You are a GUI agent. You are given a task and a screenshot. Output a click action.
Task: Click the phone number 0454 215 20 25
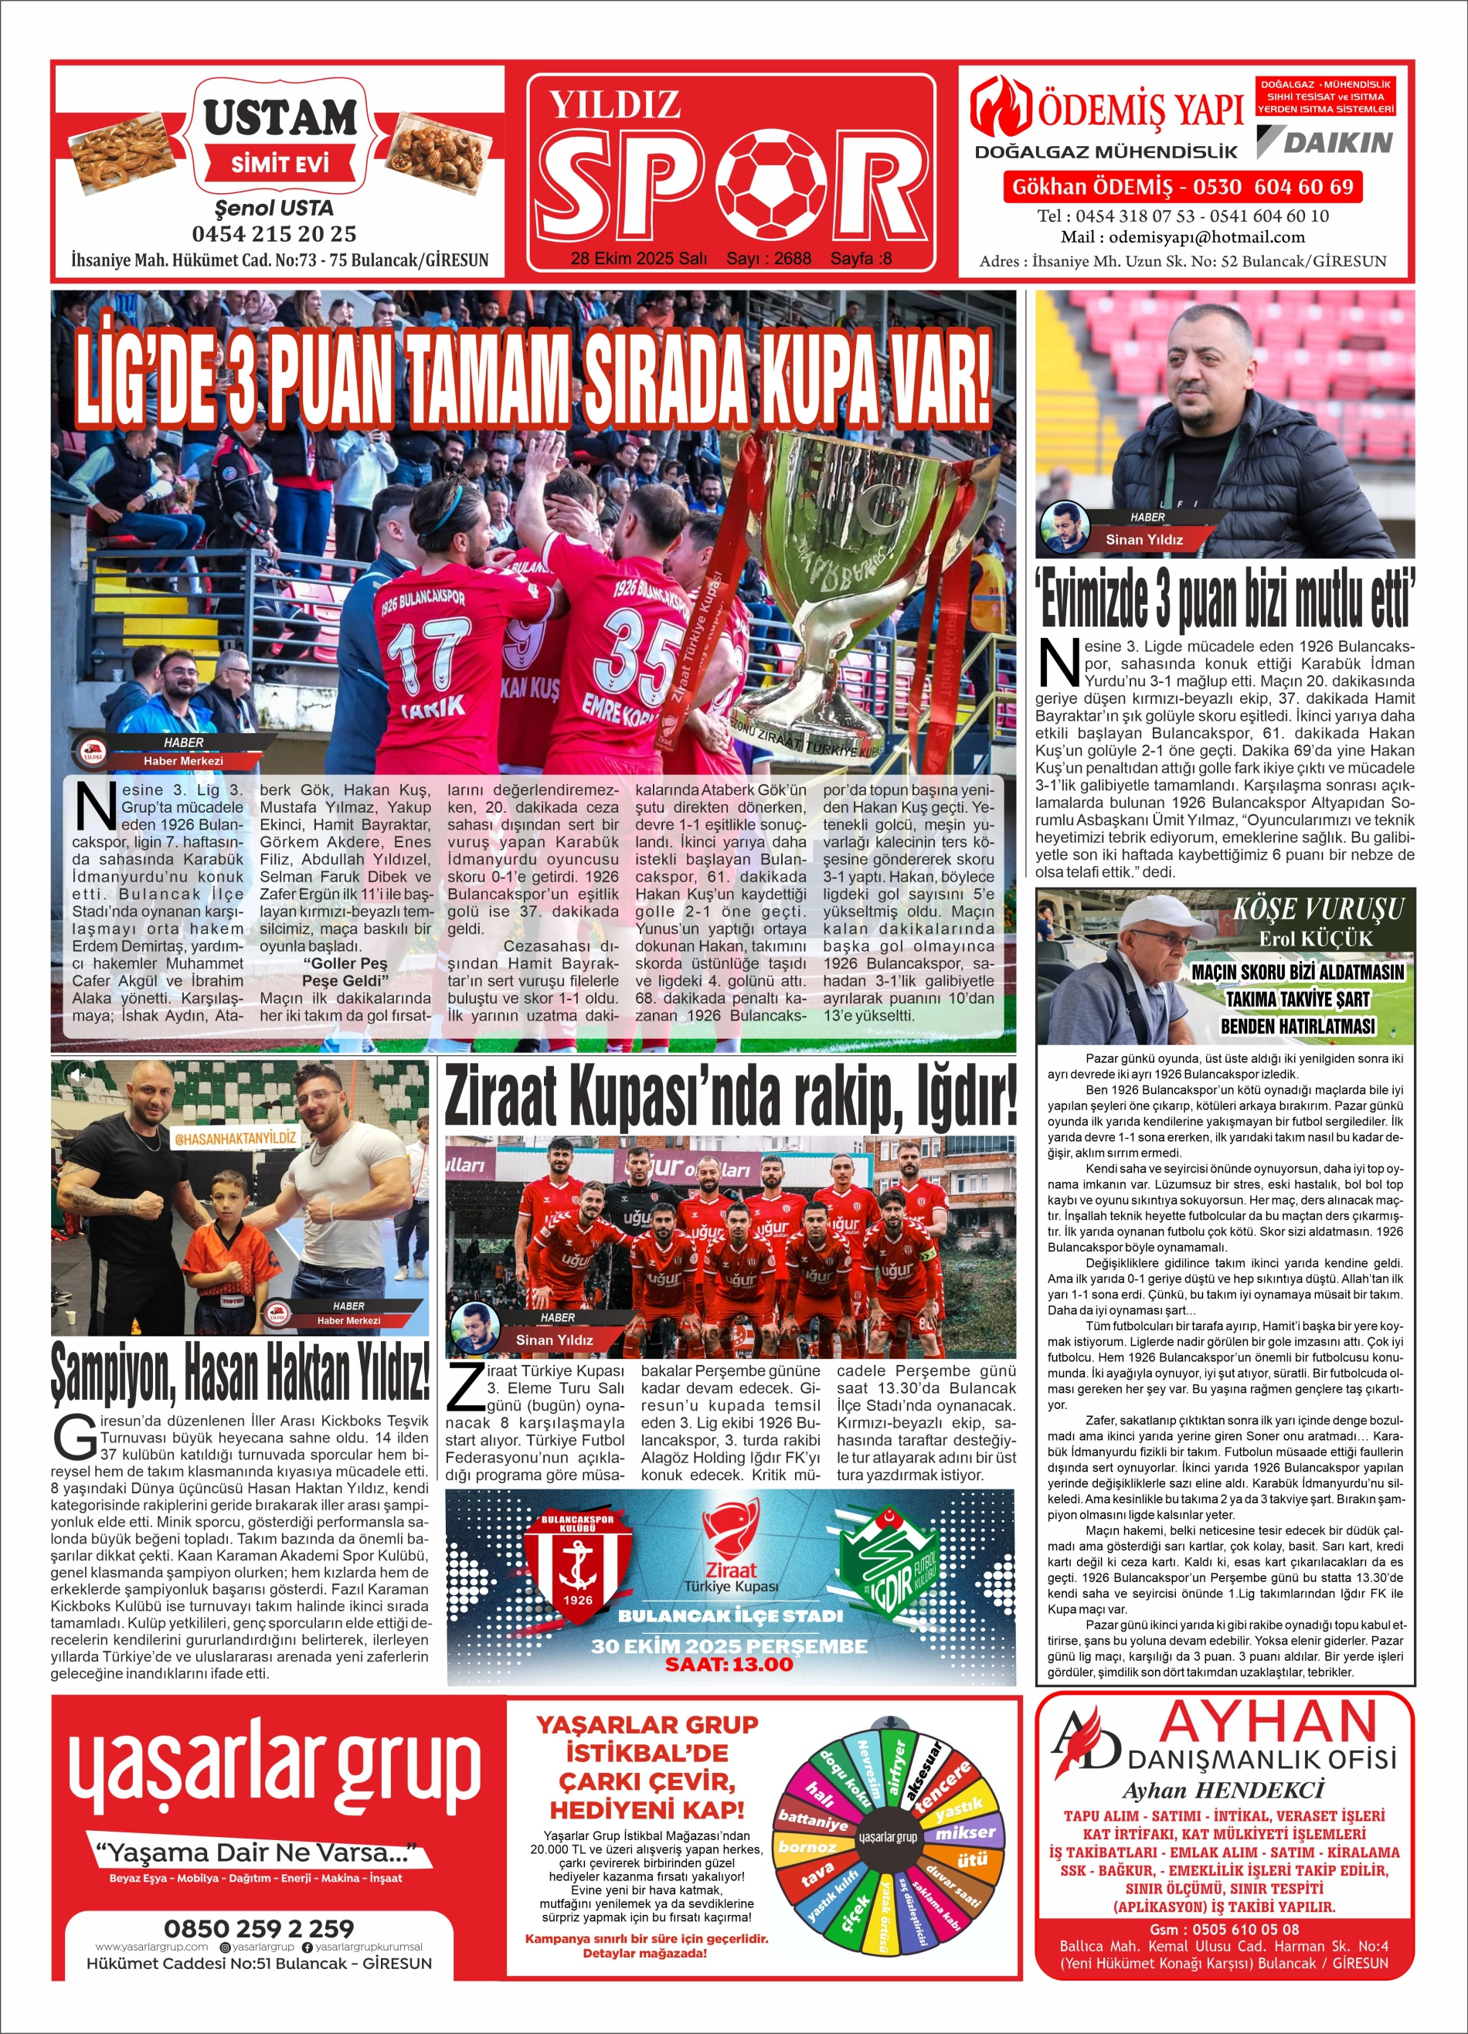274,234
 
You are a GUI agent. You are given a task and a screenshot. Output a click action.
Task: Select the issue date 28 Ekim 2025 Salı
638,258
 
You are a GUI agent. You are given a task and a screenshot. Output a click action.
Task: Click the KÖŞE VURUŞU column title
1317,908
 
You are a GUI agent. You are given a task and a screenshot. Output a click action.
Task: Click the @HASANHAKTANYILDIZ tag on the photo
235,1138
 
